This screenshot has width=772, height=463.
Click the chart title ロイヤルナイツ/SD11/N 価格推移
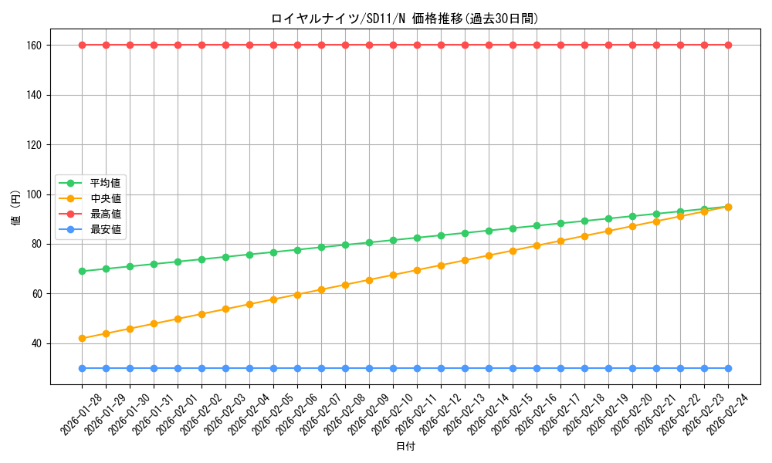pyautogui.click(x=405, y=19)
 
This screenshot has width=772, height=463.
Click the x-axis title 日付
pyautogui.click(x=405, y=447)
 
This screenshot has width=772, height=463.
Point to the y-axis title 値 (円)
pyautogui.click(x=16, y=208)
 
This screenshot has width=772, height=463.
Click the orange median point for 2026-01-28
pyautogui.click(x=82, y=338)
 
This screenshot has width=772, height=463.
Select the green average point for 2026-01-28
pyautogui.click(x=82, y=271)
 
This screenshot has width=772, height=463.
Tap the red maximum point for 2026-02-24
pyautogui.click(x=728, y=45)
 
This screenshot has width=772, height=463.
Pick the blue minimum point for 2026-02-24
pyautogui.click(x=728, y=368)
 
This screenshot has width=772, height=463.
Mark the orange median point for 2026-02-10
pyautogui.click(x=393, y=275)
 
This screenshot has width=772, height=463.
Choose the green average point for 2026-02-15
pyautogui.click(x=513, y=228)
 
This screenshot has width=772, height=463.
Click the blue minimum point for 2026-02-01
pyautogui.click(x=178, y=368)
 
